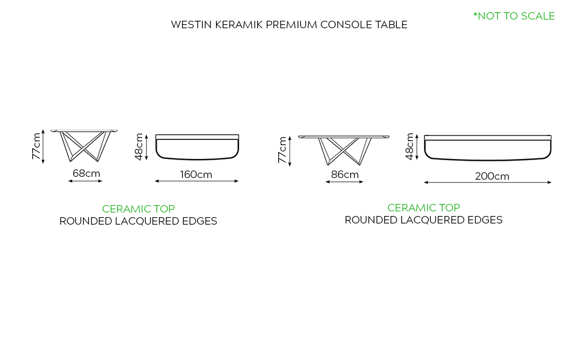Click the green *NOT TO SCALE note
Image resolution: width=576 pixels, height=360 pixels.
514,16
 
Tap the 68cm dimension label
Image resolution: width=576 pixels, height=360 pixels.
86,173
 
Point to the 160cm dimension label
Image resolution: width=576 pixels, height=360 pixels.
196,174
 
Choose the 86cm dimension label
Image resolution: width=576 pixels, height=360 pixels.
344,175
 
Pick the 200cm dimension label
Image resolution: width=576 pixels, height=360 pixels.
492,176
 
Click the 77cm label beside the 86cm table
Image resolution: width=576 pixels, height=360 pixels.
282,149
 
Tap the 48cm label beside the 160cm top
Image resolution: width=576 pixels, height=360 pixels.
139,146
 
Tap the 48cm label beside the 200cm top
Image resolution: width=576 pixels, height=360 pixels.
410,146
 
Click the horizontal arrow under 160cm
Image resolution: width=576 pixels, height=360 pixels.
196,181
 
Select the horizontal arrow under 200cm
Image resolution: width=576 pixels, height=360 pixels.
488,183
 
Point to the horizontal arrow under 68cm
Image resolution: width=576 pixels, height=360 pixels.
85,181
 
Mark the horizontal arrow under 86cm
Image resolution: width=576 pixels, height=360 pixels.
344,182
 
